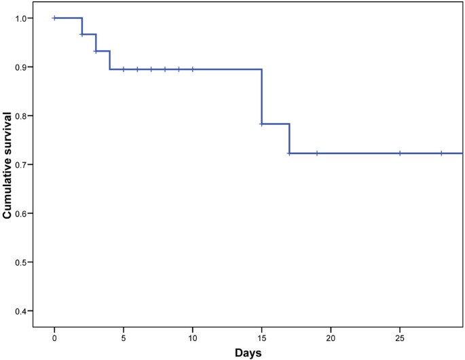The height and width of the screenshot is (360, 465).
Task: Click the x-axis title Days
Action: [x=248, y=353]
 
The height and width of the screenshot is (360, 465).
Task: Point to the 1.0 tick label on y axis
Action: [x=20, y=18]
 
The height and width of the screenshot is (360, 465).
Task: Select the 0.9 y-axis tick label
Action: [x=20, y=67]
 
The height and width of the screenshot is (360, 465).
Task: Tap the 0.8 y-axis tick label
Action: [x=20, y=116]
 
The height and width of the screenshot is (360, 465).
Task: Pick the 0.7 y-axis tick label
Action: [x=20, y=165]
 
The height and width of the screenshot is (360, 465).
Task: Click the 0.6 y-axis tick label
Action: [x=20, y=214]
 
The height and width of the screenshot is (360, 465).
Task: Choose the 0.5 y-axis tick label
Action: [x=20, y=262]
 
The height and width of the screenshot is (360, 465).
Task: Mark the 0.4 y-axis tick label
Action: [x=20, y=311]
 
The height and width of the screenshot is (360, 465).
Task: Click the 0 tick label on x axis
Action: [x=54, y=338]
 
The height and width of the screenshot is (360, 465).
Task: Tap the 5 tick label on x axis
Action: [x=124, y=338]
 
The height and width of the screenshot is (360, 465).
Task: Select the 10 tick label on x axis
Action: [x=193, y=338]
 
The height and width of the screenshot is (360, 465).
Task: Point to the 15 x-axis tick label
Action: [x=261, y=338]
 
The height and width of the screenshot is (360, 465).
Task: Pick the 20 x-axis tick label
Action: [x=331, y=338]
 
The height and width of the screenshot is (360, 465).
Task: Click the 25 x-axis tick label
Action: [x=400, y=338]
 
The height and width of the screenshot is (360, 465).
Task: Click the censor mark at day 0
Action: [x=54, y=18]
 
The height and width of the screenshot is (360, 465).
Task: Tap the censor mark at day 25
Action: [x=400, y=154]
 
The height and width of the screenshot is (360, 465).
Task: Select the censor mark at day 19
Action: [x=317, y=154]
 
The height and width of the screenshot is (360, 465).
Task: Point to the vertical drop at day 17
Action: [x=289, y=139]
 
